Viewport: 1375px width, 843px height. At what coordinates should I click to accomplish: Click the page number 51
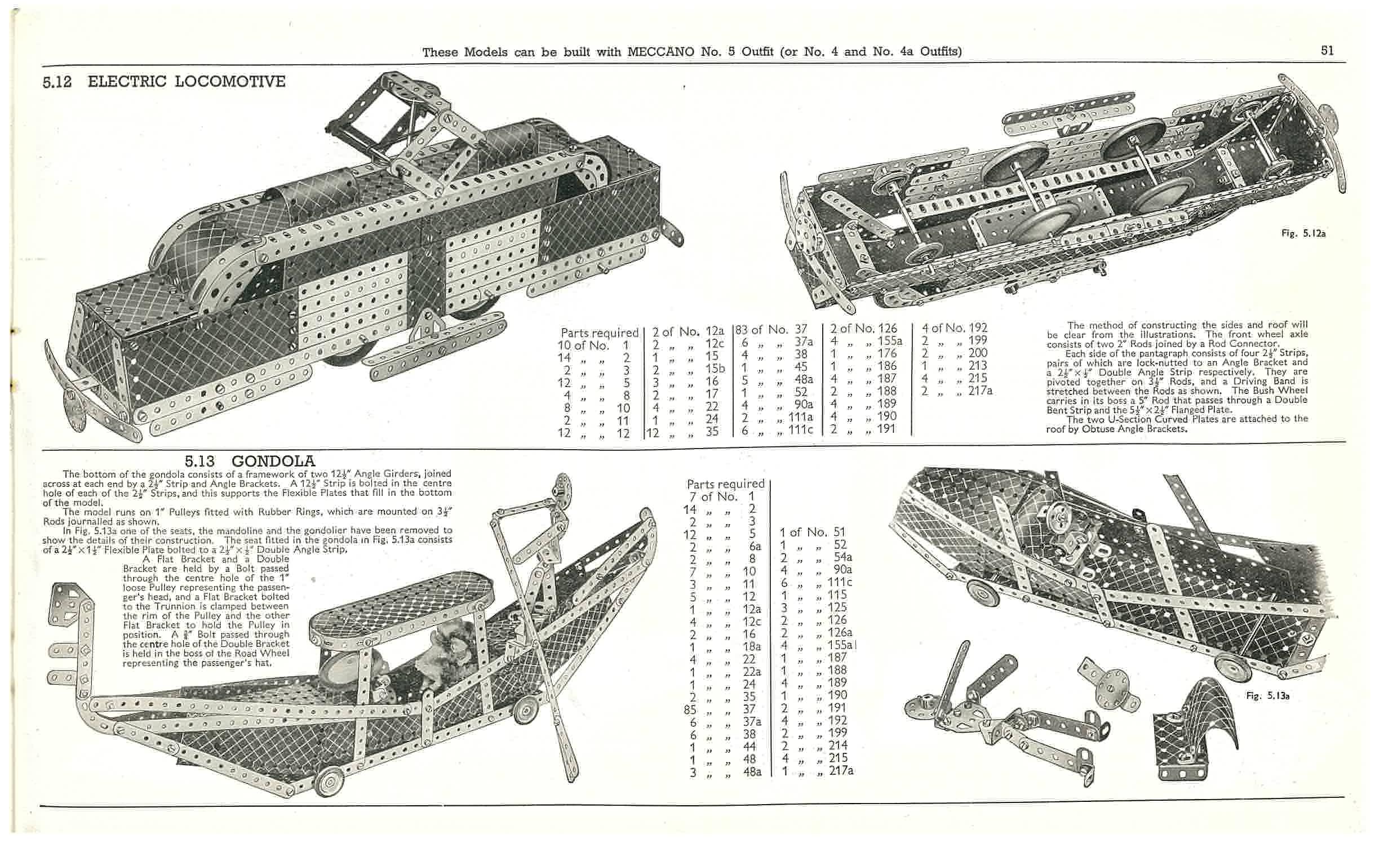[x=1327, y=51]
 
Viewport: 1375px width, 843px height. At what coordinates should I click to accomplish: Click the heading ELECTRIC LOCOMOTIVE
[x=187, y=82]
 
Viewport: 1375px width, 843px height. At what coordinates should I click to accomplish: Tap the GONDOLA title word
[x=273, y=462]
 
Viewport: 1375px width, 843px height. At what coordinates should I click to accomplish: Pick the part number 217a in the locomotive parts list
[x=980, y=390]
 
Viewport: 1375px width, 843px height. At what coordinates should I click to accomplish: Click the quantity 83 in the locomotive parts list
[x=741, y=330]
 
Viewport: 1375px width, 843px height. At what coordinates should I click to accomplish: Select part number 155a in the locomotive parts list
[x=890, y=340]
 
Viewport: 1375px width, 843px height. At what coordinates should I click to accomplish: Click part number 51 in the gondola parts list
[x=839, y=532]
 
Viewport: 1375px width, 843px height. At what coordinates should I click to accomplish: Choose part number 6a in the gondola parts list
[x=755, y=545]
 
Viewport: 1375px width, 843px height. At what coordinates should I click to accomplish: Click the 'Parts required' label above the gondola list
[x=725, y=483]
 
